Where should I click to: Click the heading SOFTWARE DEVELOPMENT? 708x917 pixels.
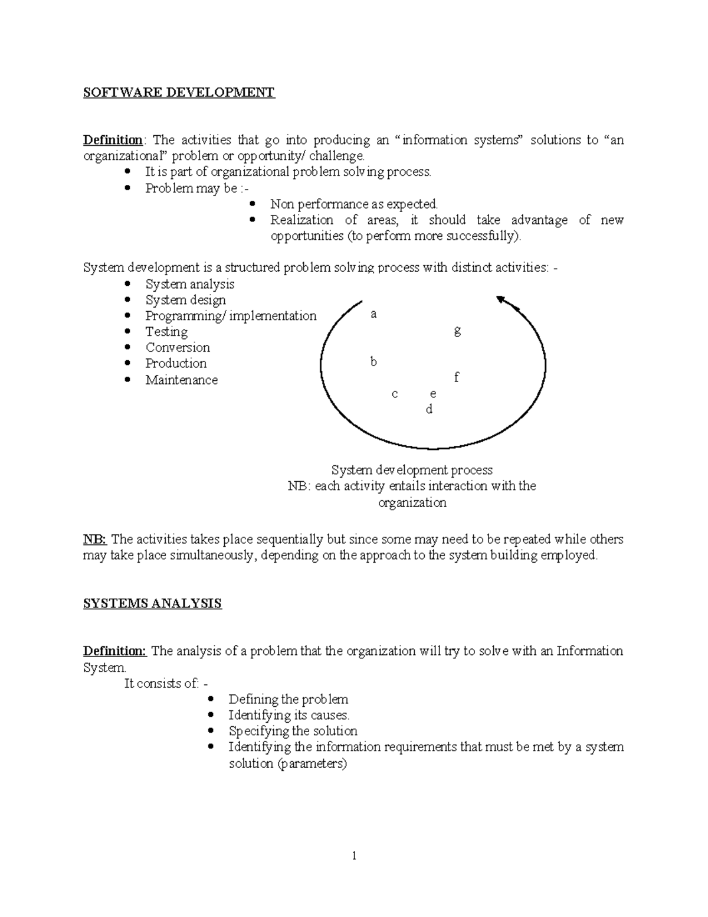[x=179, y=93]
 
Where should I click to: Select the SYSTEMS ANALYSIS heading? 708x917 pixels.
[x=152, y=603]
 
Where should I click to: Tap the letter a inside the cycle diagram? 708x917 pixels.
[x=373, y=314]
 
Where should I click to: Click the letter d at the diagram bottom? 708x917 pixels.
[x=429, y=409]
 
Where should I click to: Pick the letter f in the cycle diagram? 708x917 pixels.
[x=457, y=377]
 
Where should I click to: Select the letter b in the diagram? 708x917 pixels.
[x=373, y=361]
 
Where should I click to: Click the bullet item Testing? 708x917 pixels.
[x=166, y=332]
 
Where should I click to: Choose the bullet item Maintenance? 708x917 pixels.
[x=182, y=380]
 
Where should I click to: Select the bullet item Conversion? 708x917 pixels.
[x=178, y=348]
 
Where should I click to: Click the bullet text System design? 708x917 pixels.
[x=185, y=300]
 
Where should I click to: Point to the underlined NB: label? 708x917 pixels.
[x=94, y=539]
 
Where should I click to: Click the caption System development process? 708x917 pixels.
[x=412, y=470]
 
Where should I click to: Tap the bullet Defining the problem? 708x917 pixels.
[x=288, y=699]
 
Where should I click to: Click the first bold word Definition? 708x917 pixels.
[x=113, y=141]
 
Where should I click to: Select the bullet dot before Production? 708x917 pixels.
[x=128, y=364]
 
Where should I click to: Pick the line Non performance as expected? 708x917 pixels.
[x=354, y=204]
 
